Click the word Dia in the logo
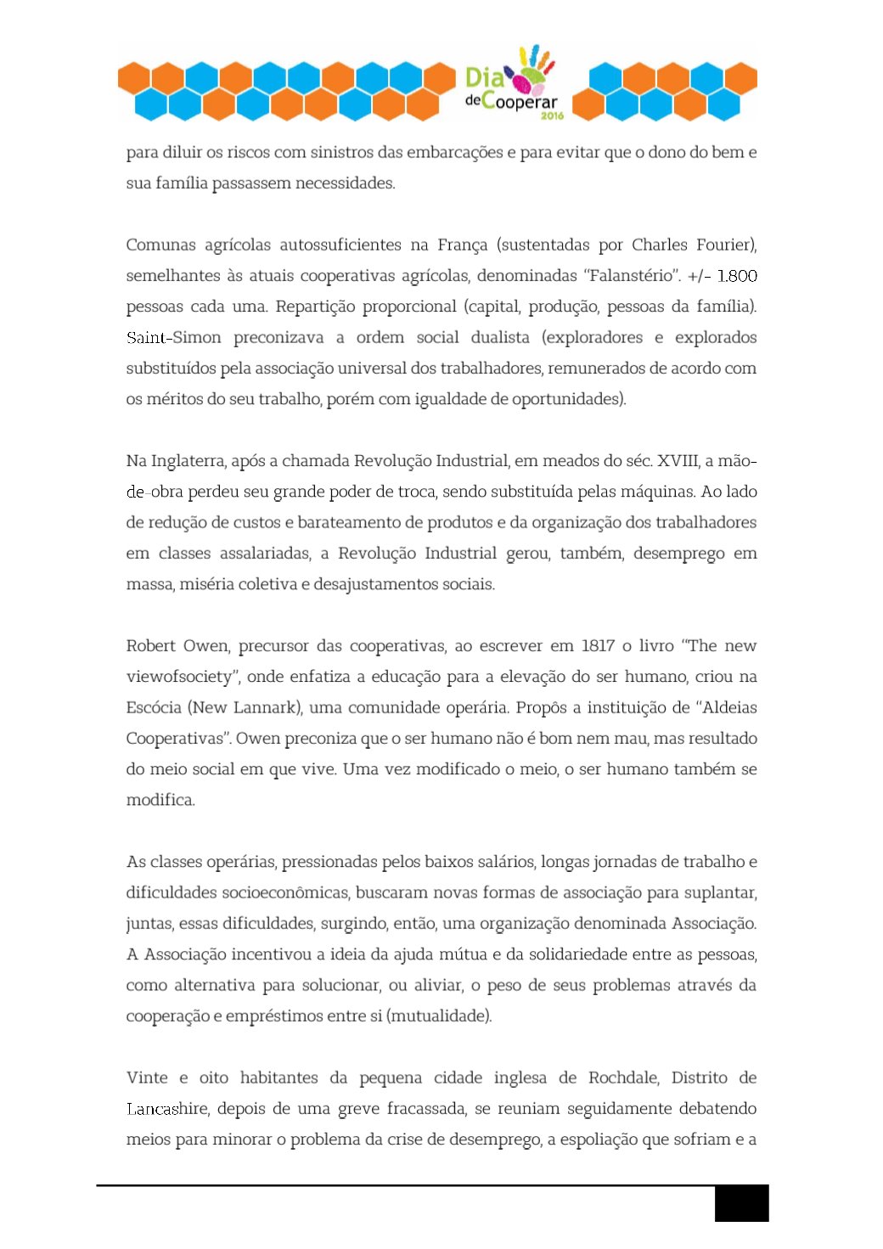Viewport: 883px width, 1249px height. click(484, 78)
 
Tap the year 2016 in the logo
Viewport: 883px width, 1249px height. click(552, 115)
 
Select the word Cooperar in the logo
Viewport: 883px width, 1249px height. click(520, 102)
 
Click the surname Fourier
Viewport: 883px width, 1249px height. click(726, 245)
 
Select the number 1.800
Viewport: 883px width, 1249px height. click(736, 276)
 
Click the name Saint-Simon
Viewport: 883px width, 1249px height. click(173, 338)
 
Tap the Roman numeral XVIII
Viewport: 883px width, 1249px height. click(678, 461)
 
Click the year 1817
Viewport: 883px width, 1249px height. click(598, 646)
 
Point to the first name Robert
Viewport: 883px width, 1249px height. click(150, 646)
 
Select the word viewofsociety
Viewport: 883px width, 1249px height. click(179, 677)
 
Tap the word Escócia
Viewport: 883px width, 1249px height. click(154, 708)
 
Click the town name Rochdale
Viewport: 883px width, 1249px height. click(623, 1078)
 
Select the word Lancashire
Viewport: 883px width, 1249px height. click(167, 1109)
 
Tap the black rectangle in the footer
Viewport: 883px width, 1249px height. click(741, 1204)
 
